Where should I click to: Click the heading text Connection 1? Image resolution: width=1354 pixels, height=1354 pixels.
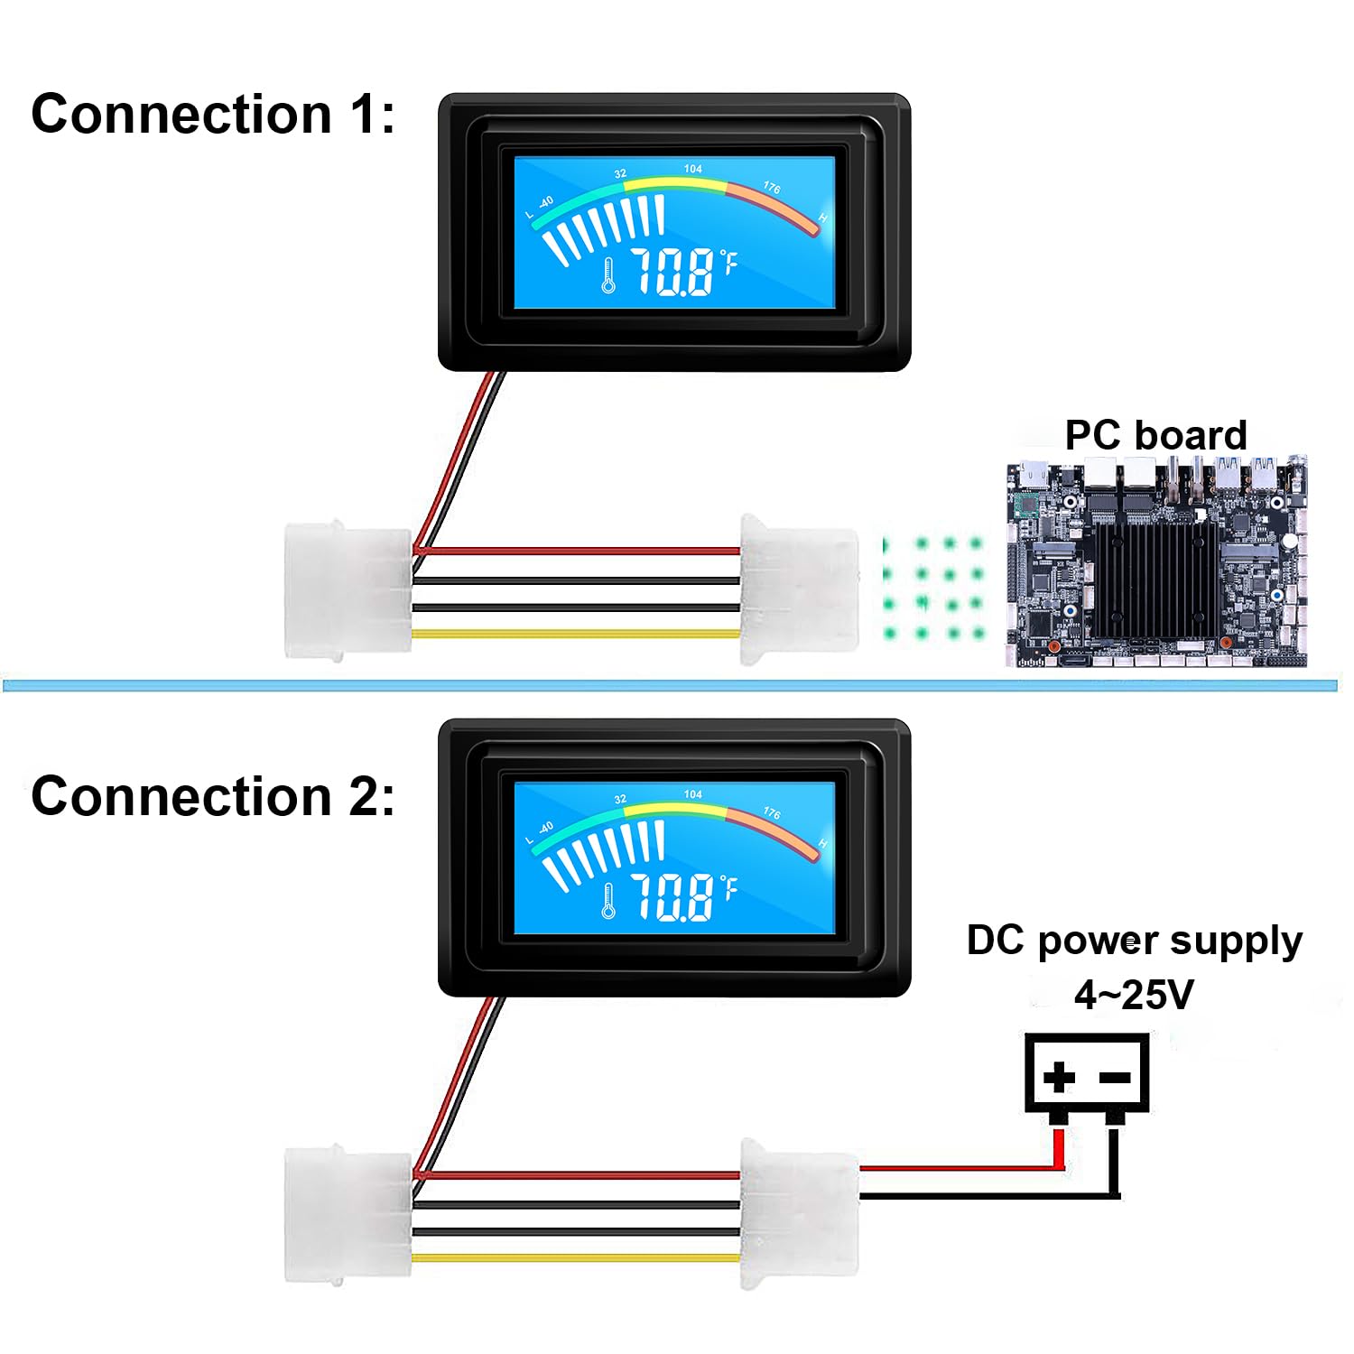point(213,115)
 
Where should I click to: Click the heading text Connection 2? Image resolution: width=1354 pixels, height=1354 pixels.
point(213,796)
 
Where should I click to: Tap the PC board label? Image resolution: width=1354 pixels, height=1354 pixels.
point(1155,435)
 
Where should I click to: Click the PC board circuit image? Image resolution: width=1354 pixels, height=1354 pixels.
point(1157,561)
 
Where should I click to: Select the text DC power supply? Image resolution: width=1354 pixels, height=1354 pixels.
point(1135,941)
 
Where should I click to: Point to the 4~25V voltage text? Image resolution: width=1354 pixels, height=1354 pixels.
point(1134,995)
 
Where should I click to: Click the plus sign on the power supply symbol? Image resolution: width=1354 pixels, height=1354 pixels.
point(1059,1076)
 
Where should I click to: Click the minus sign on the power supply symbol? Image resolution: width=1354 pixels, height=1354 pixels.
point(1116,1077)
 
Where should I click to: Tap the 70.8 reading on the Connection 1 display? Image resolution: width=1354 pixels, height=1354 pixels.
point(672,272)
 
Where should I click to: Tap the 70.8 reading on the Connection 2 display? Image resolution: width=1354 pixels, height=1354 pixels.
point(672,897)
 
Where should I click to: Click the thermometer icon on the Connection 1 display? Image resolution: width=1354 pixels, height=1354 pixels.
point(608,275)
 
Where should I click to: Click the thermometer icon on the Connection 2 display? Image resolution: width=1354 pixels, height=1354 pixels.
point(608,901)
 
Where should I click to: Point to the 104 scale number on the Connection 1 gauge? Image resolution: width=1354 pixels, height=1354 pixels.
point(692,169)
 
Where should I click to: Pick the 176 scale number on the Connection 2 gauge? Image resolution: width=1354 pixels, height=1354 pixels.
point(772,812)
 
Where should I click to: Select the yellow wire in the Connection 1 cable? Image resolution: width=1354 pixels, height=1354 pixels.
point(576,634)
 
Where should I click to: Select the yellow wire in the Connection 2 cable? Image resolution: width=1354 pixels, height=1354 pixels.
point(576,1258)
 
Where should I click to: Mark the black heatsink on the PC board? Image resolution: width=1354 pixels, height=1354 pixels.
point(1155,578)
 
